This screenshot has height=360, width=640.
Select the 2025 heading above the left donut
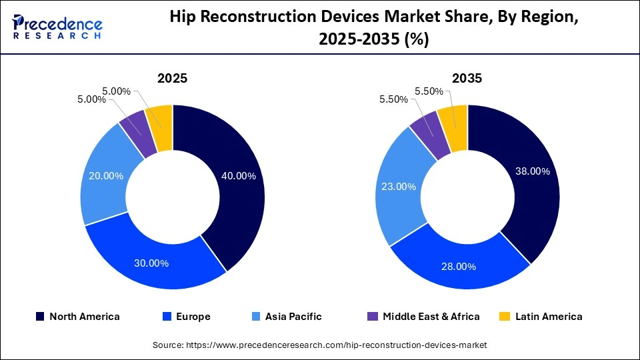(x=172, y=78)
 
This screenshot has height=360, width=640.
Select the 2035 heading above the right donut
(x=467, y=78)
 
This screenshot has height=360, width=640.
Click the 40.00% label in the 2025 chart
(x=237, y=176)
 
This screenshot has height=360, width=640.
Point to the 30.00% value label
(x=151, y=263)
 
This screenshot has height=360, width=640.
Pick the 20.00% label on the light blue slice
(x=106, y=176)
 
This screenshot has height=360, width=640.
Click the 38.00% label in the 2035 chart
(x=532, y=171)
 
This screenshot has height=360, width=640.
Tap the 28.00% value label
(x=458, y=266)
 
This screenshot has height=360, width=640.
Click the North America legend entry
(x=77, y=317)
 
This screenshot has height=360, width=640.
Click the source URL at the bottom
(x=320, y=345)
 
